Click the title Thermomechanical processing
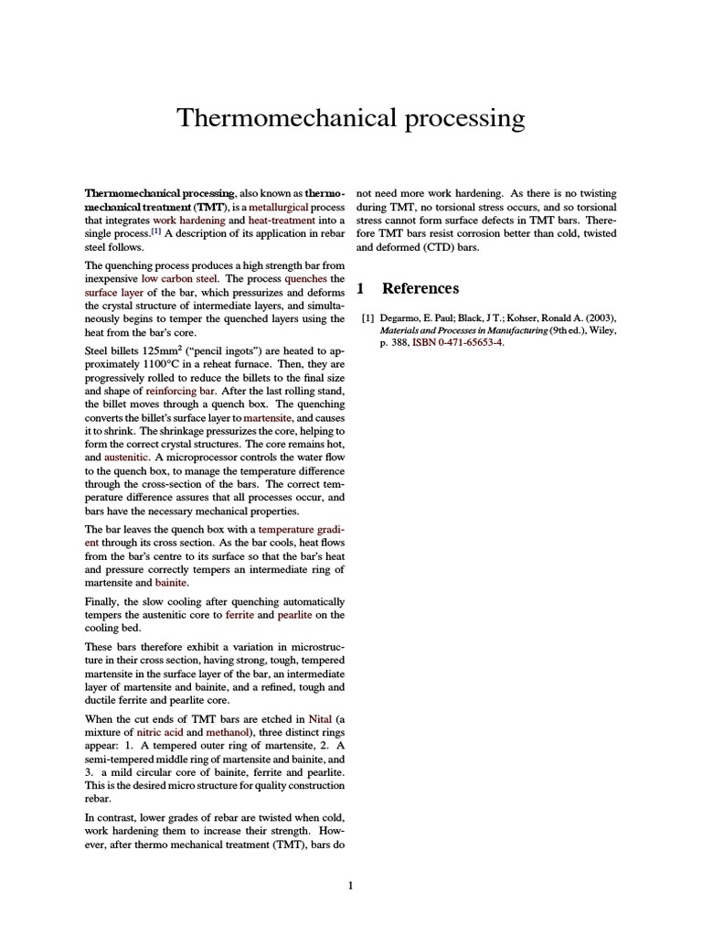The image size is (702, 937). click(x=350, y=118)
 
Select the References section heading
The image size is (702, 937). click(x=420, y=288)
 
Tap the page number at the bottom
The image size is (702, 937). click(x=350, y=885)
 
